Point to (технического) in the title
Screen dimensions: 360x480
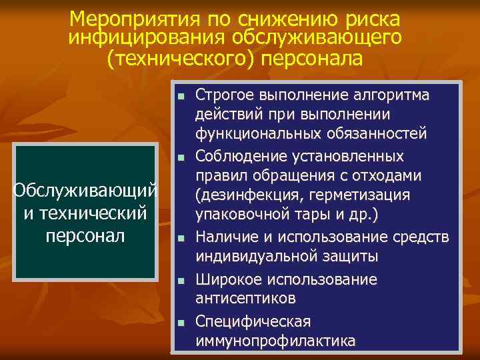coord(180,59)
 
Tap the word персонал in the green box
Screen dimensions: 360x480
coord(85,236)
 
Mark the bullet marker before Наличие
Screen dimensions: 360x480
coord(181,239)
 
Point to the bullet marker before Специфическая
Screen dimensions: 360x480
coord(181,323)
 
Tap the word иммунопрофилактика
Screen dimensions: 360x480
coord(275,341)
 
